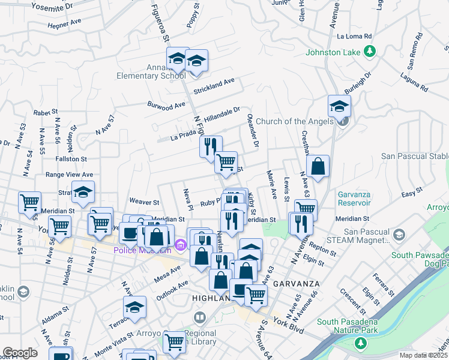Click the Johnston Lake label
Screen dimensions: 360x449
333,52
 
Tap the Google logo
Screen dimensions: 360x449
20,353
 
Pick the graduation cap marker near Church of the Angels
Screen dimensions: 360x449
339,106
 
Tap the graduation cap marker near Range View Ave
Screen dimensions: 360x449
83,192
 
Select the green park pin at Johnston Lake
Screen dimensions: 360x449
372,52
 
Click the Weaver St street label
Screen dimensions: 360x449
144,203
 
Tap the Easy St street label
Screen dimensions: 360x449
412,193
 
